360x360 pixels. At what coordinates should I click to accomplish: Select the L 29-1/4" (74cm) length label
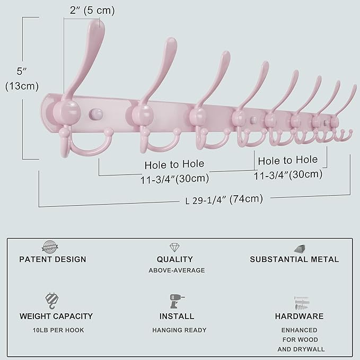[x=224, y=199]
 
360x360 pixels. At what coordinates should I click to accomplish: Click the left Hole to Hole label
[x=174, y=164]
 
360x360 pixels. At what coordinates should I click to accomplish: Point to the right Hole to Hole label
[x=288, y=160]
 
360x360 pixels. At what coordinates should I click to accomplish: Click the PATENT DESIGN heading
[x=52, y=259]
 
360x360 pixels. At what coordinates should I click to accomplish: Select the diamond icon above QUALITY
[x=174, y=248]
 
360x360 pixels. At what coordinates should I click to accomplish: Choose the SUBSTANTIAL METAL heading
[x=294, y=259]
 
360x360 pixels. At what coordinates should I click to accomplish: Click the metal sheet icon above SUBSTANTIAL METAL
[x=300, y=248]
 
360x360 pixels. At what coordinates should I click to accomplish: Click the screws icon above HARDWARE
[x=300, y=303]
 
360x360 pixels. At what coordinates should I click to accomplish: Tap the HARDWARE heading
[x=299, y=316]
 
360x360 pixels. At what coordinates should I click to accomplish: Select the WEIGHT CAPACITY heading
[x=56, y=316]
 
